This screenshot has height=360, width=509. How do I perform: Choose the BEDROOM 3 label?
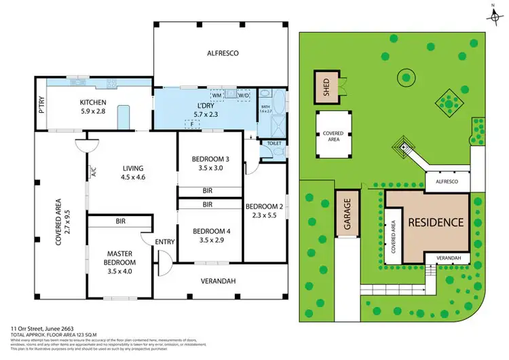(x=210, y=164)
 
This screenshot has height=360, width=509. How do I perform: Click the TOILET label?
(x=274, y=144)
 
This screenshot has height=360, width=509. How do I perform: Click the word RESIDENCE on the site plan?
(x=436, y=222)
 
